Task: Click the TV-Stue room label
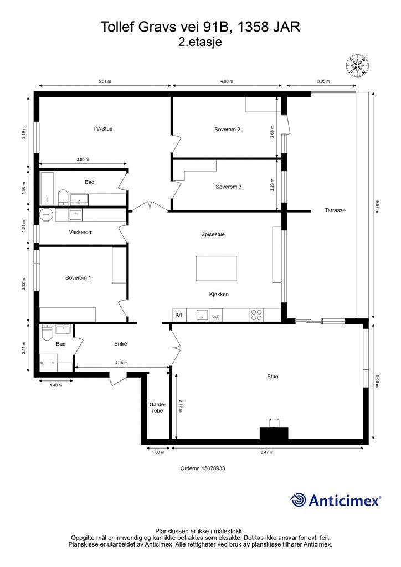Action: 102,128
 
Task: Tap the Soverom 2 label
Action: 227,130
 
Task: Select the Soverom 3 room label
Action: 229,187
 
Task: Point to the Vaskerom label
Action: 81,232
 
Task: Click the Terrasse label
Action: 335,210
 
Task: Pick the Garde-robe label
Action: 158,408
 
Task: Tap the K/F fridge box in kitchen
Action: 179,315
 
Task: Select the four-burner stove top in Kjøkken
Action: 257,315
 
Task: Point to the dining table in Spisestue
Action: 216,269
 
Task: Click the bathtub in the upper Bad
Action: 47,188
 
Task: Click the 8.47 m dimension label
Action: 267,452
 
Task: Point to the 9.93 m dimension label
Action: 377,207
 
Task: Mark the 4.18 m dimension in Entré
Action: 121,363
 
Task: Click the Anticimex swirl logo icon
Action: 297,500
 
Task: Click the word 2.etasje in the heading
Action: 200,42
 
